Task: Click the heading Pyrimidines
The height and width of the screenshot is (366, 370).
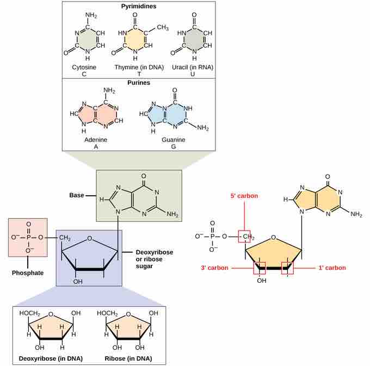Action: click(139, 6)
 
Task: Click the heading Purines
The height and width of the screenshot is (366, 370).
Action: click(139, 83)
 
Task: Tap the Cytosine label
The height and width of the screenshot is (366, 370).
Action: click(84, 67)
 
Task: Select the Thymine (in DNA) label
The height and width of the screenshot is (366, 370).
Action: click(139, 67)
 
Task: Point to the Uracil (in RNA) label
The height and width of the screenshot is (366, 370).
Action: click(193, 67)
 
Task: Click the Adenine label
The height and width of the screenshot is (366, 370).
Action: click(96, 140)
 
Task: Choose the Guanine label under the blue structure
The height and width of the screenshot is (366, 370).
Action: click(174, 140)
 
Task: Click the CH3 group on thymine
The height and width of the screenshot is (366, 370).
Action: click(163, 27)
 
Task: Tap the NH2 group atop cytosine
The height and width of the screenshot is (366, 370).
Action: click(91, 15)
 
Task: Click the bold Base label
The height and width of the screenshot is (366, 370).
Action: click(77, 195)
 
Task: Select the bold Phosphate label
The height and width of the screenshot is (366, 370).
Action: click(28, 273)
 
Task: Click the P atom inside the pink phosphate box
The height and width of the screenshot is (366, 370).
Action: click(28, 237)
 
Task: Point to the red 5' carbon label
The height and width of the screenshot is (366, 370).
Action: click(244, 196)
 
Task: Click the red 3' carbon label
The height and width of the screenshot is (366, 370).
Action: click(214, 268)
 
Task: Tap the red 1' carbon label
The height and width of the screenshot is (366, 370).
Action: click(332, 268)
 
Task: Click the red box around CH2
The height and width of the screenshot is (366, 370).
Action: click(244, 237)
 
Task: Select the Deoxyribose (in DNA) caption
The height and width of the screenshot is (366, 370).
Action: click(51, 359)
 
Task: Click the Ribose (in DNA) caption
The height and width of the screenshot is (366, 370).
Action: click(128, 359)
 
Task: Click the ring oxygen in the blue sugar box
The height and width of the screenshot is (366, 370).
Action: click(89, 238)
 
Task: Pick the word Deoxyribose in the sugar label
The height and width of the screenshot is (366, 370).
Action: click(155, 252)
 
